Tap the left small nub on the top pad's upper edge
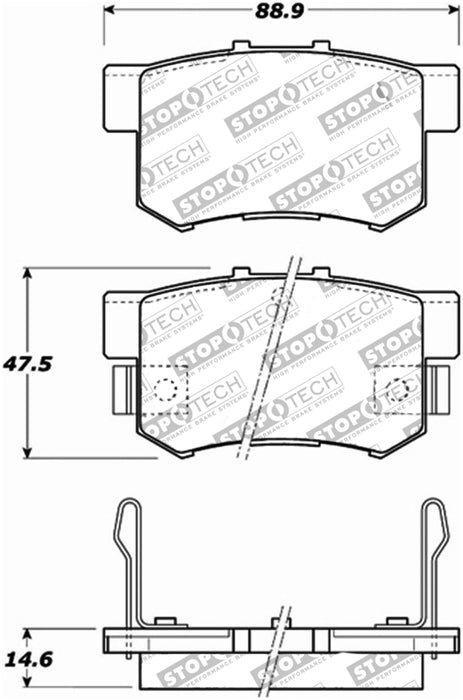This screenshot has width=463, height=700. point(239,46)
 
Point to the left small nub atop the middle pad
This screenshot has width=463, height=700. point(239,271)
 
